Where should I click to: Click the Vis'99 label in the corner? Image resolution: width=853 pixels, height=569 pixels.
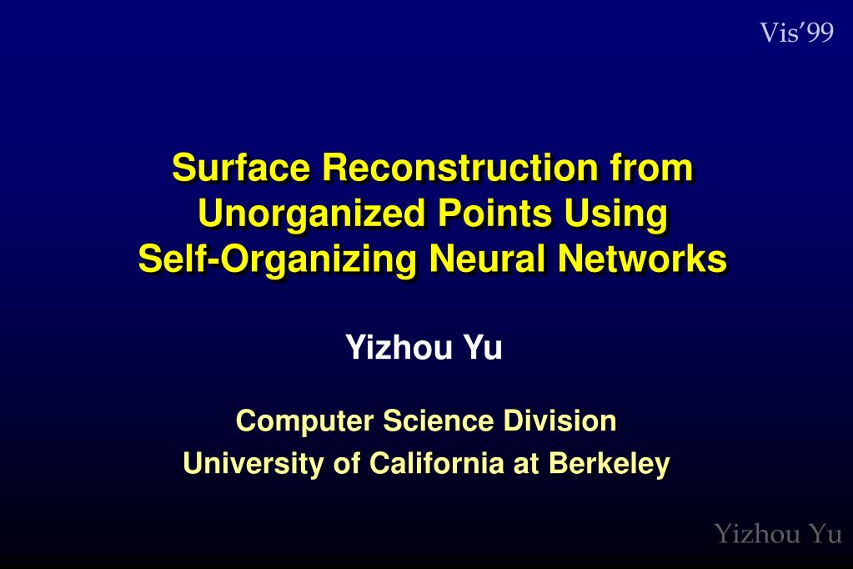(796, 33)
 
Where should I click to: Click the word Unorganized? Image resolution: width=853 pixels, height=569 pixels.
(310, 214)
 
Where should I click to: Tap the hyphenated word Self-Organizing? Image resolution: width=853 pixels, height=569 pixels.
(277, 259)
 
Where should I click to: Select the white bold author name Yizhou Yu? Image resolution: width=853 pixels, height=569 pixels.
(424, 347)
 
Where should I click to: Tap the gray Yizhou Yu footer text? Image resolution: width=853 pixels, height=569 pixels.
(777, 533)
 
